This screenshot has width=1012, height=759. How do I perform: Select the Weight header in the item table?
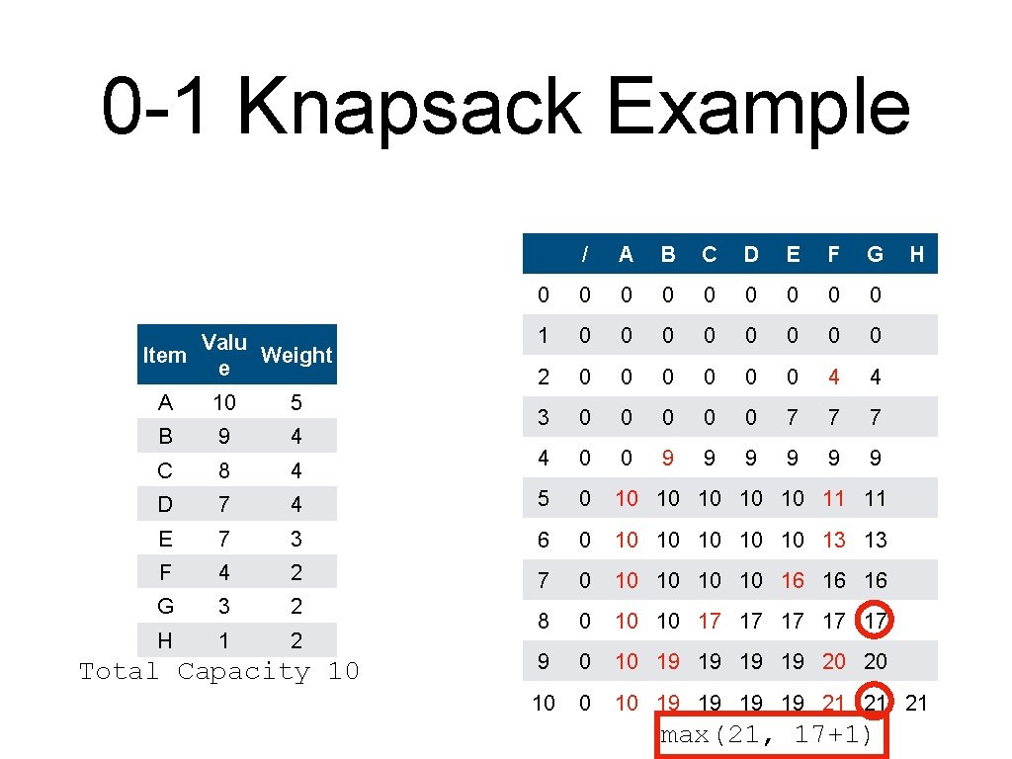pyautogui.click(x=296, y=355)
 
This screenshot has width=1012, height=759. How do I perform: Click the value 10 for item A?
pyautogui.click(x=224, y=402)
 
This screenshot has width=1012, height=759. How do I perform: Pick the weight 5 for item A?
pyautogui.click(x=296, y=402)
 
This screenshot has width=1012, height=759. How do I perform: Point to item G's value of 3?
pyautogui.click(x=224, y=606)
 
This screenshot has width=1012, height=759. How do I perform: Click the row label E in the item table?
pyautogui.click(x=165, y=539)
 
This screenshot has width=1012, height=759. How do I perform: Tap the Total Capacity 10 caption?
pyautogui.click(x=218, y=672)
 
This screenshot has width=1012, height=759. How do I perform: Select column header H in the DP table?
pyautogui.click(x=916, y=254)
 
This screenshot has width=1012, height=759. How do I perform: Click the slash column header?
pyautogui.click(x=585, y=254)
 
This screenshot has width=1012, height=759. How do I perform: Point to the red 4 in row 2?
pyautogui.click(x=834, y=377)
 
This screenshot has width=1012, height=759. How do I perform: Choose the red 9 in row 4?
pyautogui.click(x=668, y=458)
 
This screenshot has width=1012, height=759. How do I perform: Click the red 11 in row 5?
pyautogui.click(x=834, y=499)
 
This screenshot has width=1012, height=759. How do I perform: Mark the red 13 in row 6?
pyautogui.click(x=834, y=540)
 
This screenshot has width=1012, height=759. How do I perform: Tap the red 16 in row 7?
pyautogui.click(x=793, y=580)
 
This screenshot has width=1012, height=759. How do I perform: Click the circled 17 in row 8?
pyautogui.click(x=876, y=622)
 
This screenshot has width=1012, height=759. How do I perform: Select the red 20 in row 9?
pyautogui.click(x=834, y=662)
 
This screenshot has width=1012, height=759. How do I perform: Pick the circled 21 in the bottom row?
pyautogui.click(x=876, y=703)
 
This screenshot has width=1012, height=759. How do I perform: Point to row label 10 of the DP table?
pyautogui.click(x=544, y=703)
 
